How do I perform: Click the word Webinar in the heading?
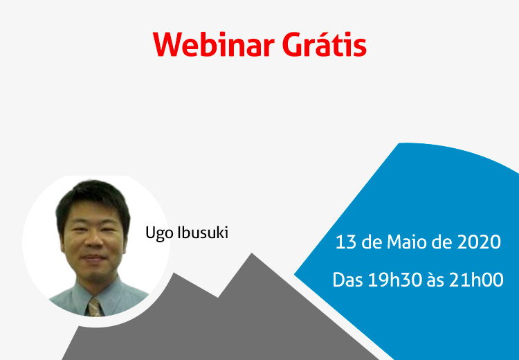[214, 44]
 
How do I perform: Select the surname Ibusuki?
[203, 233]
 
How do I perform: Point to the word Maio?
[407, 242]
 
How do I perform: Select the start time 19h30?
[395, 280]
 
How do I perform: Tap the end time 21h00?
[476, 280]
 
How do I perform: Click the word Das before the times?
[347, 280]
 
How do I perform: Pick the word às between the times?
[435, 281]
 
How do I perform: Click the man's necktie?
[95, 307]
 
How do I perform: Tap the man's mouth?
[94, 258]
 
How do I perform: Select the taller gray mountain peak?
[252, 254]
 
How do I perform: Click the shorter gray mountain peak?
[174, 274]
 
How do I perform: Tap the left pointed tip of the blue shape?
[295, 274]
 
